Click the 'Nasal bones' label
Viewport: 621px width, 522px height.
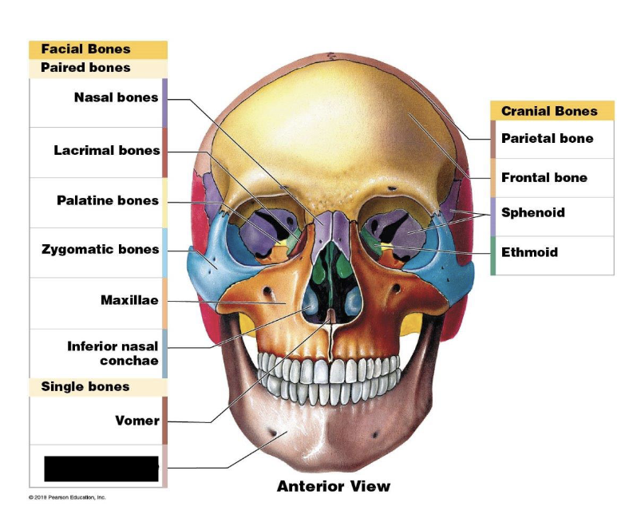point(116,98)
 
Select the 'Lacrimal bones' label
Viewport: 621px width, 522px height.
point(107,150)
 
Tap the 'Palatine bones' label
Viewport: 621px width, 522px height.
point(108,200)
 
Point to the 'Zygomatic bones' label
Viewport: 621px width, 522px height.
point(101,250)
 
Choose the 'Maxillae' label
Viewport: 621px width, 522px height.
point(129,300)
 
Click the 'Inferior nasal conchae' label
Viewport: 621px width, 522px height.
point(113,354)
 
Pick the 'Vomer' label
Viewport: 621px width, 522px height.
point(137,421)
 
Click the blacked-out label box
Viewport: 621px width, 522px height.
point(101,469)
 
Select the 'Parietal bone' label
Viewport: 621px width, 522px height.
point(547,138)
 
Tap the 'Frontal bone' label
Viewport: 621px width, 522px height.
point(544,177)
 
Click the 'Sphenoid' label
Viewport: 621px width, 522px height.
point(532,212)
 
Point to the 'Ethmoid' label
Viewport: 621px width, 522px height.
point(529,252)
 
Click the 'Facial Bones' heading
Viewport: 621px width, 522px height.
point(85,49)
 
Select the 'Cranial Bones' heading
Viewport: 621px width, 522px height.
point(549,111)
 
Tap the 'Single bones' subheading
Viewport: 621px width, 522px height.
point(85,386)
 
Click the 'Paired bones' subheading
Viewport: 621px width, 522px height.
point(85,68)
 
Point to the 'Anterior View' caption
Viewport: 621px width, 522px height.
point(334,485)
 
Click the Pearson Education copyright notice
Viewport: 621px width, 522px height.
point(68,497)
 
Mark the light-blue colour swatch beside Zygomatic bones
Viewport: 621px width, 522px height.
point(164,252)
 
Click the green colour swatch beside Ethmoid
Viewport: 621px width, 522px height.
point(493,255)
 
